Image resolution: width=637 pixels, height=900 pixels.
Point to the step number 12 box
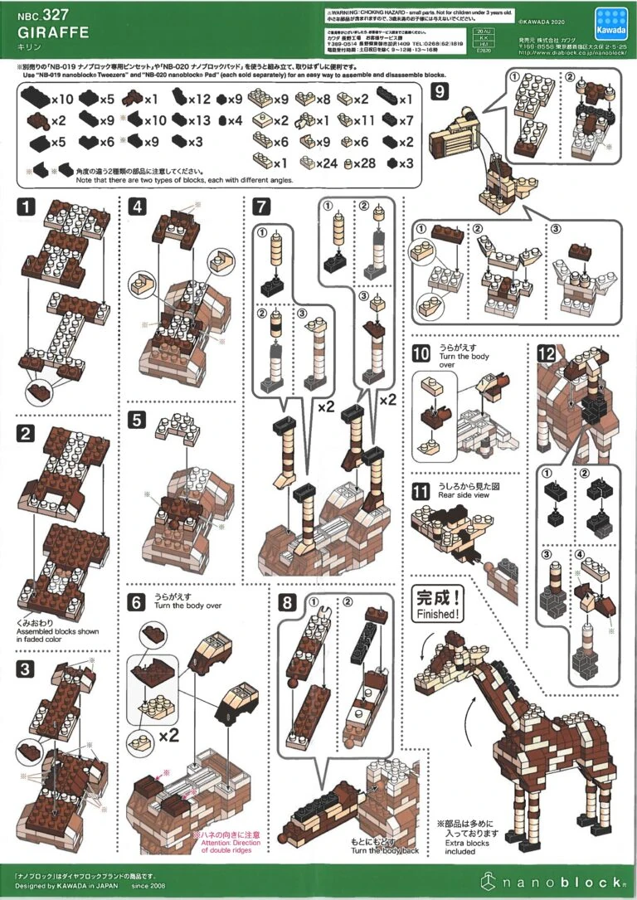(546, 353)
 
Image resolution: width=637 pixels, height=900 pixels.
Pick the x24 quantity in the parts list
(326, 163)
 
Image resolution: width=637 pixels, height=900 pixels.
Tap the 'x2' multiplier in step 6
(169, 735)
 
